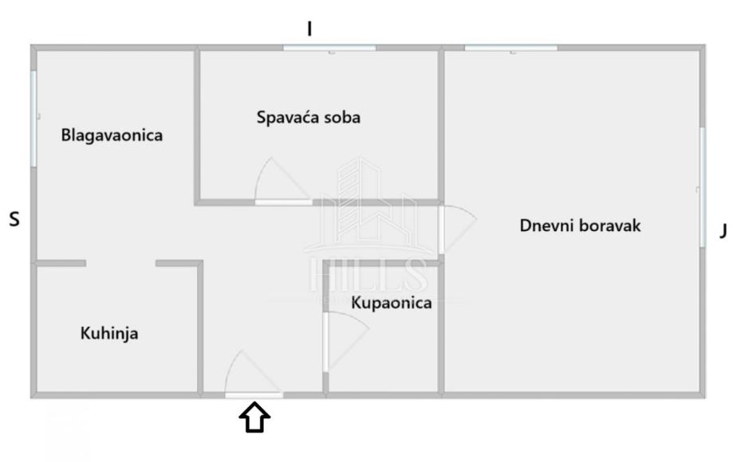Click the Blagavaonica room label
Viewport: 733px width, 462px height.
[112, 135]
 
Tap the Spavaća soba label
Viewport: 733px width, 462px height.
[308, 117]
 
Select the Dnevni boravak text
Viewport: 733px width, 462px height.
[580, 225]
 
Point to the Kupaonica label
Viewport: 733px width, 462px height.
[392, 303]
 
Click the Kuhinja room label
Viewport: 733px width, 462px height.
[109, 333]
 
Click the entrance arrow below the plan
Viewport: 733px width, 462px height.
[255, 417]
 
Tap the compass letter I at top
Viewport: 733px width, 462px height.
[310, 29]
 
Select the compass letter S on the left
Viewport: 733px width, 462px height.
[14, 219]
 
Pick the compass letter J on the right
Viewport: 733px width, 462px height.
[723, 231]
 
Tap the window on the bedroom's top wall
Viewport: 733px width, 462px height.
[329, 49]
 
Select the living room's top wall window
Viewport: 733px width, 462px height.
[510, 49]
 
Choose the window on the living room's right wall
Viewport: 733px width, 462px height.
[702, 187]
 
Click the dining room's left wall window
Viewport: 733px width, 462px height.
[33, 119]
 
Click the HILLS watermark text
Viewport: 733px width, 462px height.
[367, 275]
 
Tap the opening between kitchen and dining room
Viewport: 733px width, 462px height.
[120, 263]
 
